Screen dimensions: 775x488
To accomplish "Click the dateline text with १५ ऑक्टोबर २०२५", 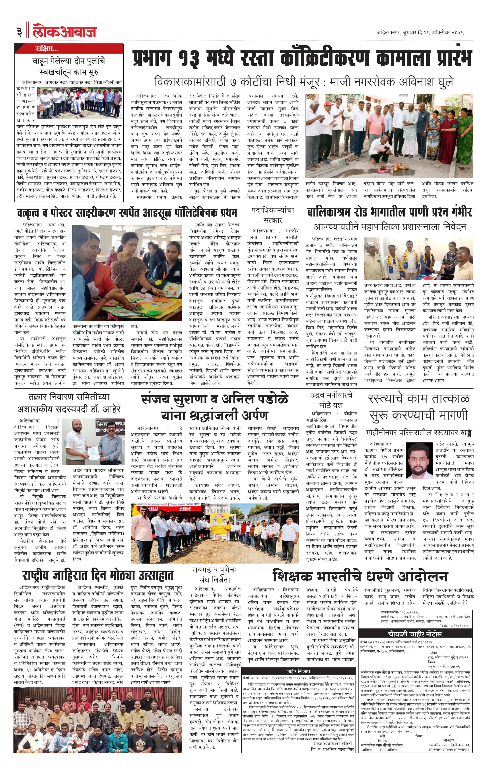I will [420, 32].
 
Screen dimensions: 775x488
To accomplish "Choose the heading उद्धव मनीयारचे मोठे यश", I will [331, 399].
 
